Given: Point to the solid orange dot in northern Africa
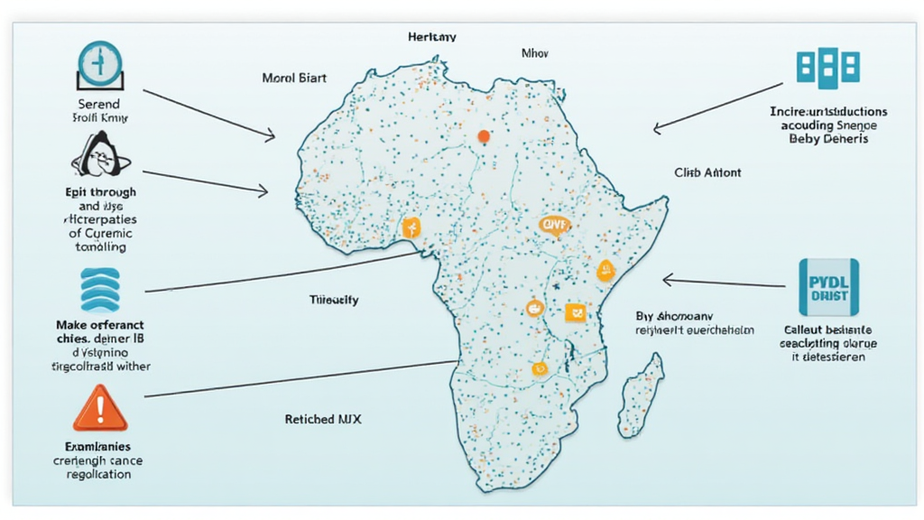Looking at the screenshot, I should [x=484, y=136].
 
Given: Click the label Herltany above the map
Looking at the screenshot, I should [x=432, y=37].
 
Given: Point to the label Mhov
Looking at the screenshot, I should [x=535, y=53].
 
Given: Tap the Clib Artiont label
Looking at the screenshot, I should [x=707, y=172].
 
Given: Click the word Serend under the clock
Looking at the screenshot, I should [x=100, y=104].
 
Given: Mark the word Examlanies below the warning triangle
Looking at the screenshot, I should [x=99, y=446].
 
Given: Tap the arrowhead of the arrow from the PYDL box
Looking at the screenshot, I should [x=666, y=279].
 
